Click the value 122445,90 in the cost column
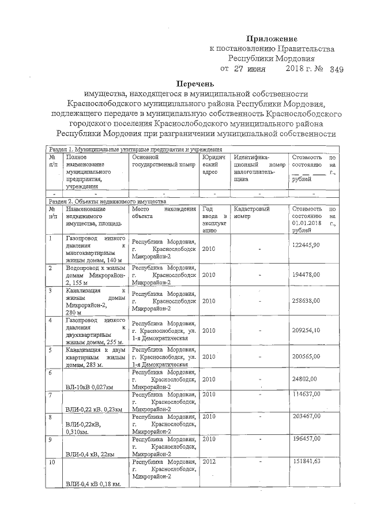[x=306, y=245]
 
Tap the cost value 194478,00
[x=306, y=275]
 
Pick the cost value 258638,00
[x=306, y=301]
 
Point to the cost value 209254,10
[x=306, y=331]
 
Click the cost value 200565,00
[x=306, y=356]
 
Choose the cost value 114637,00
[x=306, y=395]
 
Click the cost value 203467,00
[x=306, y=416]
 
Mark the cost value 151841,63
[x=306, y=461]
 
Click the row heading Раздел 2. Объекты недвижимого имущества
[x=107, y=202]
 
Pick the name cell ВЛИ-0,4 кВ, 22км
[x=91, y=455]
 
